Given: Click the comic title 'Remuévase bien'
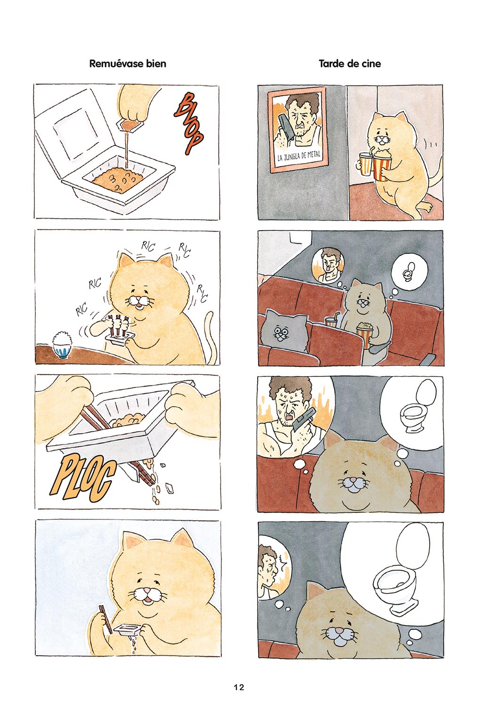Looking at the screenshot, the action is pyautogui.click(x=128, y=64).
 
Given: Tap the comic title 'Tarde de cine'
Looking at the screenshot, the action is pyautogui.click(x=350, y=64).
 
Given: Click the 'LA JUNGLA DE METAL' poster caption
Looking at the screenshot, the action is pyautogui.click(x=299, y=156).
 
